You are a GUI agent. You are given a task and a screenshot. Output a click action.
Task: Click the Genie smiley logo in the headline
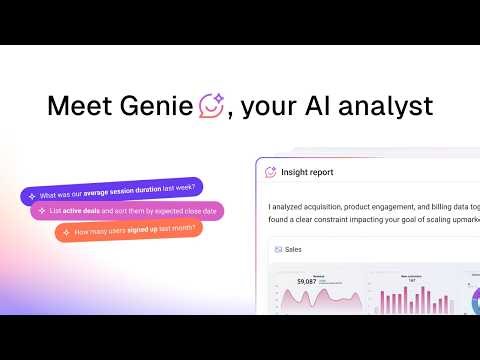pyautogui.click(x=211, y=104)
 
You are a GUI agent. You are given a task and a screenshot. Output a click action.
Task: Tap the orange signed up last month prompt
pyautogui.click(x=131, y=230)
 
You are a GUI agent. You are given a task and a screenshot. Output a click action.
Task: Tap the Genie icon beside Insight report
pyautogui.click(x=270, y=172)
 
